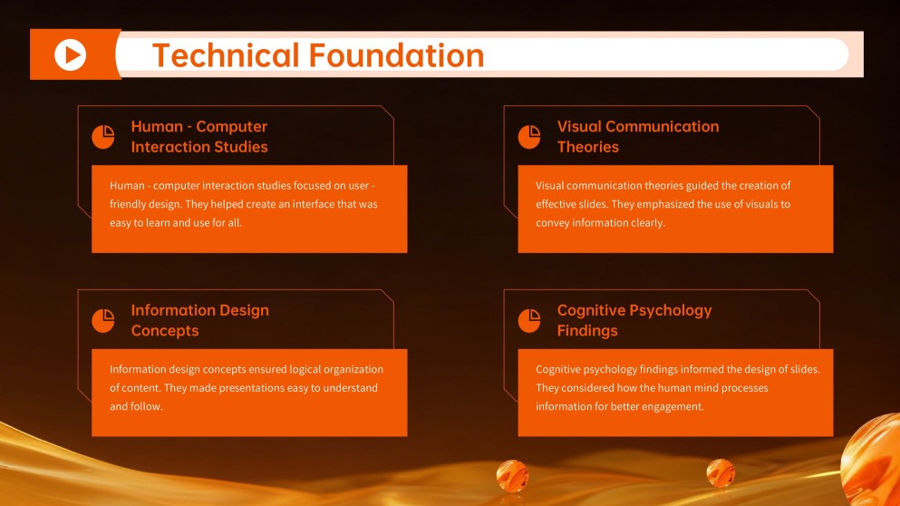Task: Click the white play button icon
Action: tap(70, 54)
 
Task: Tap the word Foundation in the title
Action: tap(397, 55)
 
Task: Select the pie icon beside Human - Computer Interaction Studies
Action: tap(103, 137)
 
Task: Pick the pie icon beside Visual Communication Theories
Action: tap(529, 137)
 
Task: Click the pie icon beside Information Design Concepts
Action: tap(103, 320)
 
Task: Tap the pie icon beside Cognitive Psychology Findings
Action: tap(529, 320)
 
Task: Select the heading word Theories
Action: tap(587, 147)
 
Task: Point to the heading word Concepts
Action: tap(164, 331)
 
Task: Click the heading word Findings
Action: tap(586, 331)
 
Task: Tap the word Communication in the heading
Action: tap(663, 127)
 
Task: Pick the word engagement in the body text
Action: tap(672, 406)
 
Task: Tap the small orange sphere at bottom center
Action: tap(512, 475)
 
